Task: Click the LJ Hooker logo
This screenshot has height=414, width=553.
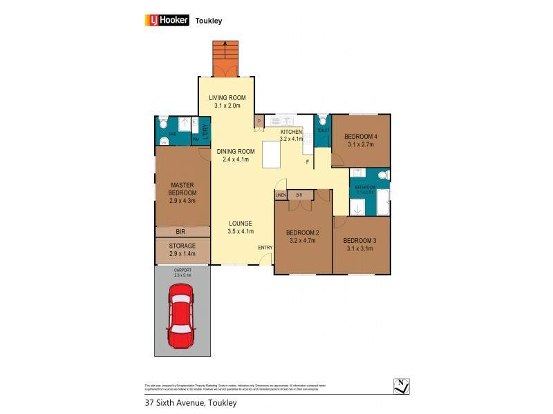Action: pyautogui.click(x=167, y=20)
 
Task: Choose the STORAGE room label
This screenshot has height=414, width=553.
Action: pyautogui.click(x=182, y=246)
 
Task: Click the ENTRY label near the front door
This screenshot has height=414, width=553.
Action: pyautogui.click(x=265, y=248)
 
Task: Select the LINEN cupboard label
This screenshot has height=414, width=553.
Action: pyautogui.click(x=281, y=195)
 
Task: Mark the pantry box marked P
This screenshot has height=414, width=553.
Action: pyautogui.click(x=259, y=121)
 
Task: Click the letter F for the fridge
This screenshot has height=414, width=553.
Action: pyautogui.click(x=308, y=162)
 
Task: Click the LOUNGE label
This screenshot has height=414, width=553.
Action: pyautogui.click(x=241, y=223)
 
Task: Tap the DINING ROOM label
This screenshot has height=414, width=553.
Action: pyautogui.click(x=235, y=151)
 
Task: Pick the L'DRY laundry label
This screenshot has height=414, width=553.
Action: pyautogui.click(x=205, y=129)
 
